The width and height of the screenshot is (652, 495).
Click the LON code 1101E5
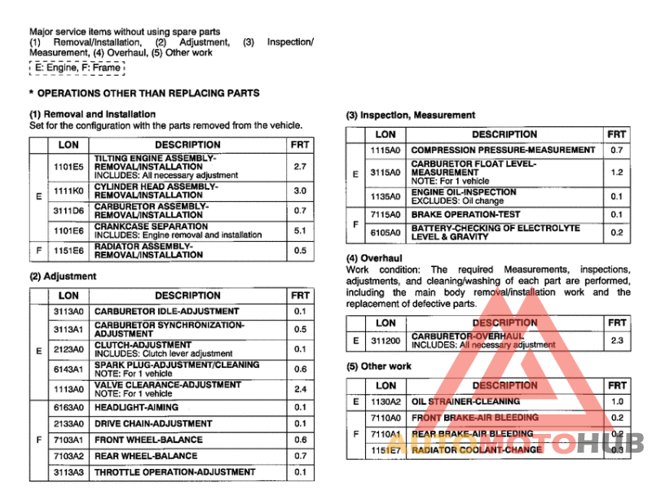click(x=68, y=166)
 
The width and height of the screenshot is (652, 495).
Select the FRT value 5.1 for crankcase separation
click(x=300, y=230)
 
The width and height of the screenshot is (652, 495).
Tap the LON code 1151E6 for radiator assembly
click(x=68, y=250)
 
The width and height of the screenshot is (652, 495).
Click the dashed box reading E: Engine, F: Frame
click(x=77, y=68)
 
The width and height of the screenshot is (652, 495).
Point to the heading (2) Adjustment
click(x=63, y=277)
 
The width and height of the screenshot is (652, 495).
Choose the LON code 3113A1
click(x=68, y=329)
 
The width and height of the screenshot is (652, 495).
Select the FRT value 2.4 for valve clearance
click(x=300, y=388)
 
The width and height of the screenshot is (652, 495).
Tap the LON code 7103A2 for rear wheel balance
click(x=68, y=456)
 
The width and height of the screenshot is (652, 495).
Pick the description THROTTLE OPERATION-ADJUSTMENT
click(x=174, y=472)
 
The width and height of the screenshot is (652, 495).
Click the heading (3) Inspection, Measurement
click(x=411, y=116)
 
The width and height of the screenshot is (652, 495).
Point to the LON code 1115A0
click(x=385, y=151)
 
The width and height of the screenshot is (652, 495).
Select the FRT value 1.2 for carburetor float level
click(x=616, y=173)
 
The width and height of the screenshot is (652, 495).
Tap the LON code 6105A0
click(x=385, y=233)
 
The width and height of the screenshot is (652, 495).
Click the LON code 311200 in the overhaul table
click(x=385, y=340)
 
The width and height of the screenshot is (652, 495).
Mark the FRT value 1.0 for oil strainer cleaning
click(x=616, y=401)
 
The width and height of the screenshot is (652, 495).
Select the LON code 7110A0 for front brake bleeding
click(x=385, y=418)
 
